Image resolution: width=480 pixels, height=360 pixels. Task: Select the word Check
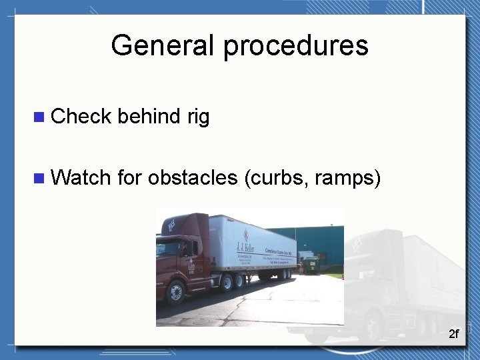pyautogui.click(x=81, y=117)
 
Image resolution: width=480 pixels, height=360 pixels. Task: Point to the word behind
pyautogui.click(x=147, y=117)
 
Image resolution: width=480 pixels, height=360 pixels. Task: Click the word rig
pyautogui.click(x=198, y=117)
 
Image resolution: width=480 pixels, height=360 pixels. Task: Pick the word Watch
pyautogui.click(x=81, y=177)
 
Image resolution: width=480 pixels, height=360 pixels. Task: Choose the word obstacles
pyautogui.click(x=193, y=178)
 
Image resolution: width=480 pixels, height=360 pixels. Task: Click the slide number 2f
pyautogui.click(x=453, y=333)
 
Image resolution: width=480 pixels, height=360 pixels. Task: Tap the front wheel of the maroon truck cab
pyautogui.click(x=176, y=291)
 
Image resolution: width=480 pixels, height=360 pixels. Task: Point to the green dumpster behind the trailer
pyautogui.click(x=310, y=266)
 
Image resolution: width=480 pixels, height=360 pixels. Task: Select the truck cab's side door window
pyautogui.click(x=189, y=249)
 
